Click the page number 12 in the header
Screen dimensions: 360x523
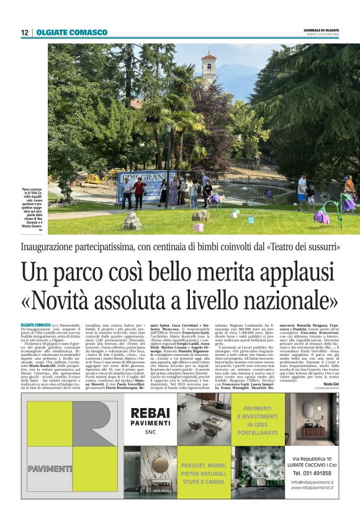click(24, 32)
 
